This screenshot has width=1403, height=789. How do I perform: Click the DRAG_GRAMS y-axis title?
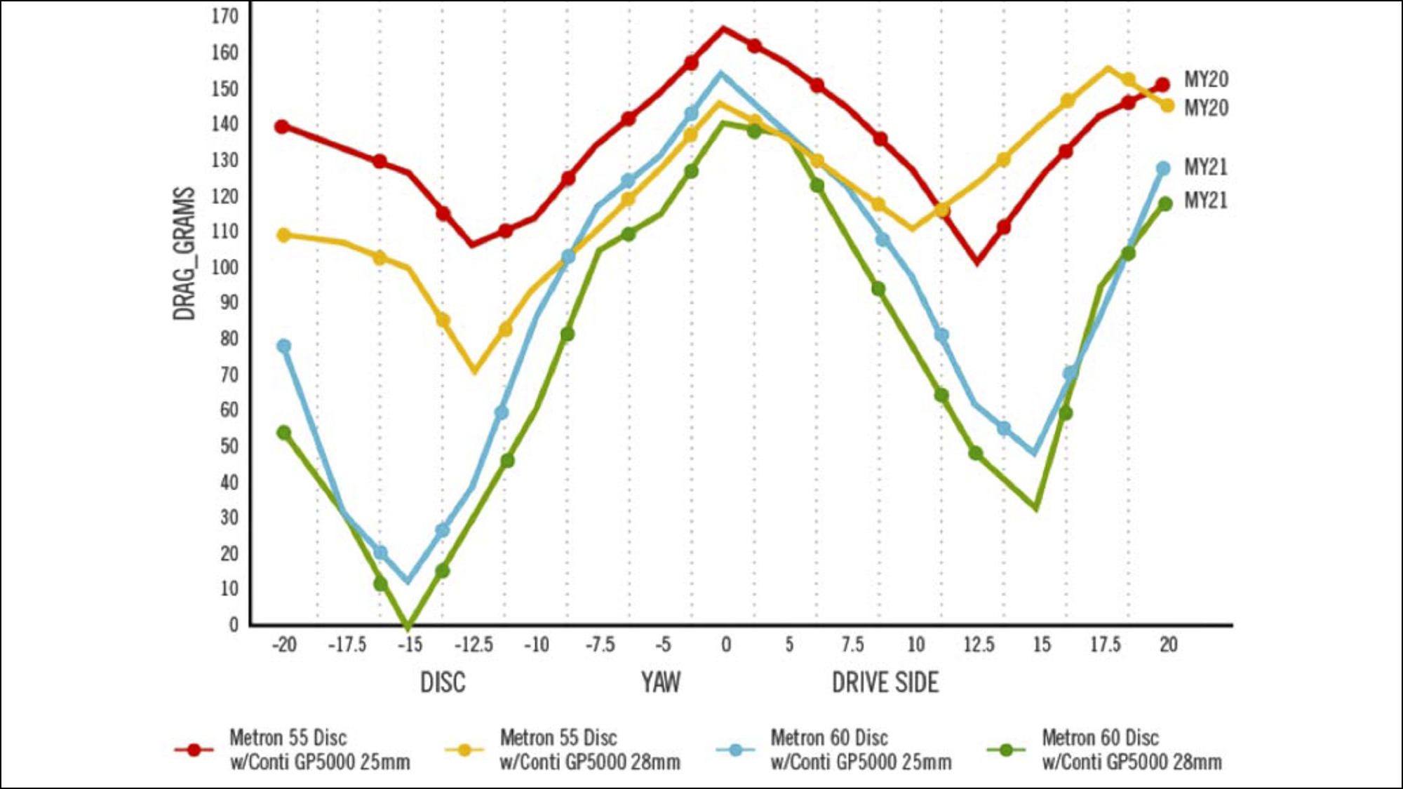pyautogui.click(x=184, y=253)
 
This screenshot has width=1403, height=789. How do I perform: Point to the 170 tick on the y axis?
pyautogui.click(x=225, y=15)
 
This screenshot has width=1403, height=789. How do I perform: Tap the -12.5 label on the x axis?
pyautogui.click(x=474, y=644)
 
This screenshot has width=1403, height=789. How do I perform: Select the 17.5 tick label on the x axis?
pyautogui.click(x=1105, y=644)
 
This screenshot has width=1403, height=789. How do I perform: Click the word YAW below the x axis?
pyautogui.click(x=660, y=682)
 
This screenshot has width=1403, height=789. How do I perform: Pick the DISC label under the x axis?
pyautogui.click(x=442, y=682)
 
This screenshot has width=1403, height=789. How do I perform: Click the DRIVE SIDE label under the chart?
pyautogui.click(x=885, y=682)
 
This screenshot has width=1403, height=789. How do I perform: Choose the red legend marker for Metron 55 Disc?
pyautogui.click(x=194, y=750)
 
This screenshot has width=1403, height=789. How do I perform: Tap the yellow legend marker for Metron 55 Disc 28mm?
pyautogui.click(x=464, y=750)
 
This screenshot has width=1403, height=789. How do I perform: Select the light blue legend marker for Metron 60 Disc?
pyautogui.click(x=735, y=750)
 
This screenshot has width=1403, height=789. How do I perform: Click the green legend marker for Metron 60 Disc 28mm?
pyautogui.click(x=1006, y=750)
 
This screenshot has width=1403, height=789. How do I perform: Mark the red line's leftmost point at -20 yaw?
pyautogui.click(x=282, y=127)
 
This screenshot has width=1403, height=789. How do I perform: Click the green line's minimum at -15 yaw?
pyautogui.click(x=408, y=624)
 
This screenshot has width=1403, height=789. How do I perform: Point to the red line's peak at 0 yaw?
pyautogui.click(x=723, y=29)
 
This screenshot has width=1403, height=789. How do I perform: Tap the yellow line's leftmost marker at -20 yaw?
pyautogui.click(x=283, y=235)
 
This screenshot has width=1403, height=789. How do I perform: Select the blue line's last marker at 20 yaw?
pyautogui.click(x=1163, y=168)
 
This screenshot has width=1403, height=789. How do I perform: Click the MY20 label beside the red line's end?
pyautogui.click(x=1206, y=79)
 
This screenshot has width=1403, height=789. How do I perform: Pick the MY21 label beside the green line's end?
pyautogui.click(x=1206, y=201)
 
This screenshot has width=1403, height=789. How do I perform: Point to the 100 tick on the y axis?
pyautogui.click(x=225, y=267)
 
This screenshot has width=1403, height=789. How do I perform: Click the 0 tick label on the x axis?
pyautogui.click(x=726, y=644)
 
